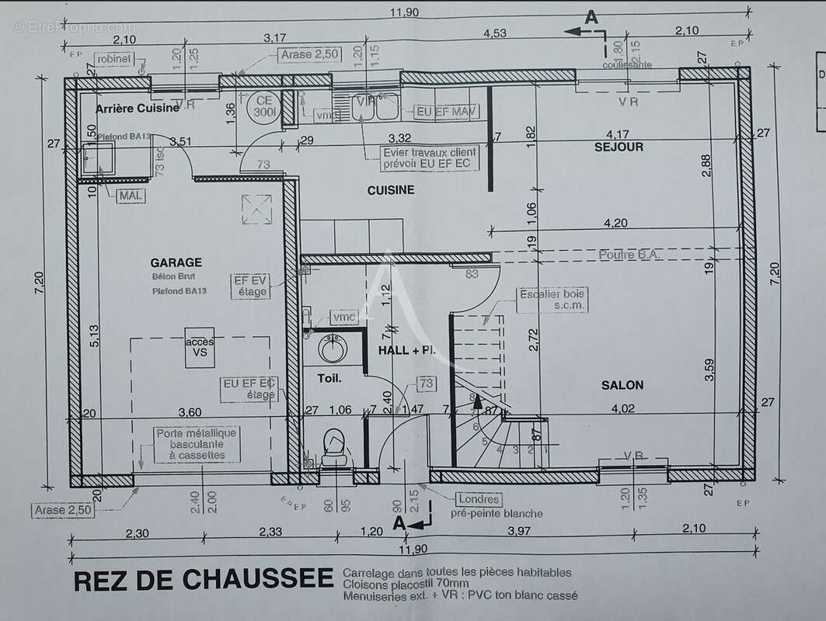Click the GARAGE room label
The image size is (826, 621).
click(176, 262)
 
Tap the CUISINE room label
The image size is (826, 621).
click(391, 189)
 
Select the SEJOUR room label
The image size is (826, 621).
click(619, 146)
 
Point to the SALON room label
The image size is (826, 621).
click(622, 384)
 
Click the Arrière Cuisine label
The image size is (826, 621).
click(137, 108)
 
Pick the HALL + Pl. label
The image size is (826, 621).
click(407, 351)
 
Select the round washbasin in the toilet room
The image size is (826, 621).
click(333, 349)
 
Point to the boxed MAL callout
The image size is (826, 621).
click(130, 196)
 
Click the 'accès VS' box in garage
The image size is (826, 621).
click(200, 347)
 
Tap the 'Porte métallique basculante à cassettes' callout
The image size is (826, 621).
click(197, 444)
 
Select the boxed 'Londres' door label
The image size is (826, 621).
click(479, 499)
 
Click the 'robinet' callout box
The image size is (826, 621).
click(113, 59)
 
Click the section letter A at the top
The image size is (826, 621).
click(591, 17)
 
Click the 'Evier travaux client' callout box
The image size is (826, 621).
click(429, 158)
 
